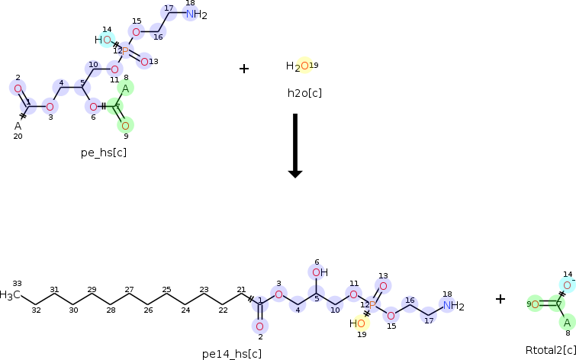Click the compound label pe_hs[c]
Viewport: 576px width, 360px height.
coord(104,153)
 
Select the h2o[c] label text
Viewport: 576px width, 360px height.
coord(304,93)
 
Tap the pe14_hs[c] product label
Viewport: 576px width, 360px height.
coord(232,353)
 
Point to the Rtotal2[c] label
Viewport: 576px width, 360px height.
coord(550,350)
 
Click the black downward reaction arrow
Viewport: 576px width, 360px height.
coord(295,145)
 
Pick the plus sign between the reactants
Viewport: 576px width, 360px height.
coord(244,69)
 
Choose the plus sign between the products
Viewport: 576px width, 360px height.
coord(500,299)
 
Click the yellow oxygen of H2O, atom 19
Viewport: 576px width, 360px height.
coord(304,66)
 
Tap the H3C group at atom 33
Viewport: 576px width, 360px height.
coord(10,295)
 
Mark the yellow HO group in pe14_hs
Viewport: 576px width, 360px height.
coord(358,323)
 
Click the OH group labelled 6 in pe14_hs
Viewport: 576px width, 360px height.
coord(318,272)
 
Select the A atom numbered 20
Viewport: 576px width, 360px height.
coord(18,126)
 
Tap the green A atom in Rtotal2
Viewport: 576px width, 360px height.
coord(566,323)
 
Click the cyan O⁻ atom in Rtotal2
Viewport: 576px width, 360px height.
coord(567,284)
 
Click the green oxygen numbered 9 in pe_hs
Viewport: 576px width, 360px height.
coord(126,124)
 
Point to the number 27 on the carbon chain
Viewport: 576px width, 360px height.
coord(130,290)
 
